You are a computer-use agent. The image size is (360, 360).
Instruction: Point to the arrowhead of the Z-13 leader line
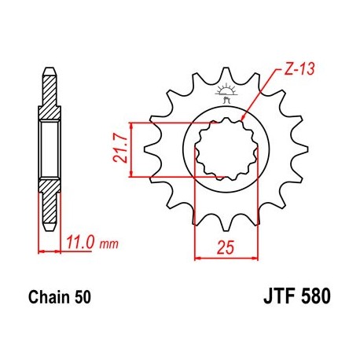246,120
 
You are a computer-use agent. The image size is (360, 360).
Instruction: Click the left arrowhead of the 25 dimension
197,256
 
